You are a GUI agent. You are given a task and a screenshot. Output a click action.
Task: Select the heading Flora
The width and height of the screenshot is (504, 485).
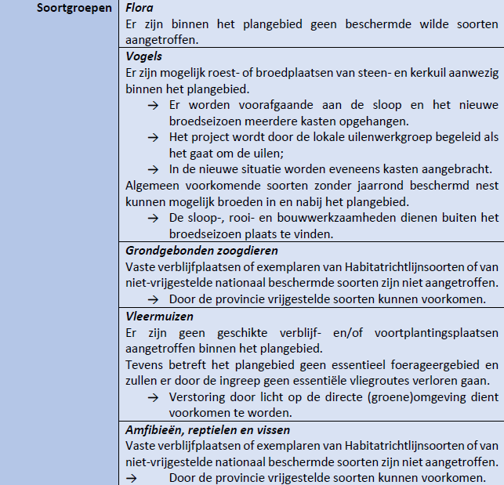[140, 9]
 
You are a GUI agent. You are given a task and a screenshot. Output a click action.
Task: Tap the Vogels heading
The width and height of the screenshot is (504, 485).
[144, 57]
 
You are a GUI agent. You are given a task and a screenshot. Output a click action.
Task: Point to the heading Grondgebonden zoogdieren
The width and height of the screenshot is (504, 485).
[201, 251]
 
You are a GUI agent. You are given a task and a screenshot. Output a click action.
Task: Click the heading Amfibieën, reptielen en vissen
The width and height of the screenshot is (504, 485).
[208, 430]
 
